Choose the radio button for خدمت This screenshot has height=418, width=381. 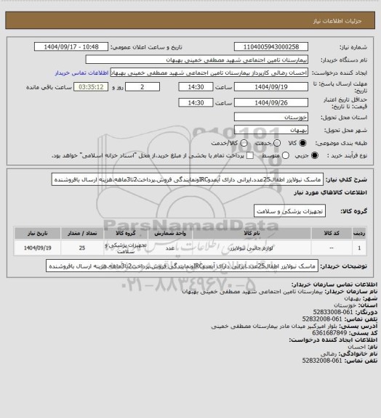tap(279, 142)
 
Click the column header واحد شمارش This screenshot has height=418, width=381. tap(167, 234)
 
